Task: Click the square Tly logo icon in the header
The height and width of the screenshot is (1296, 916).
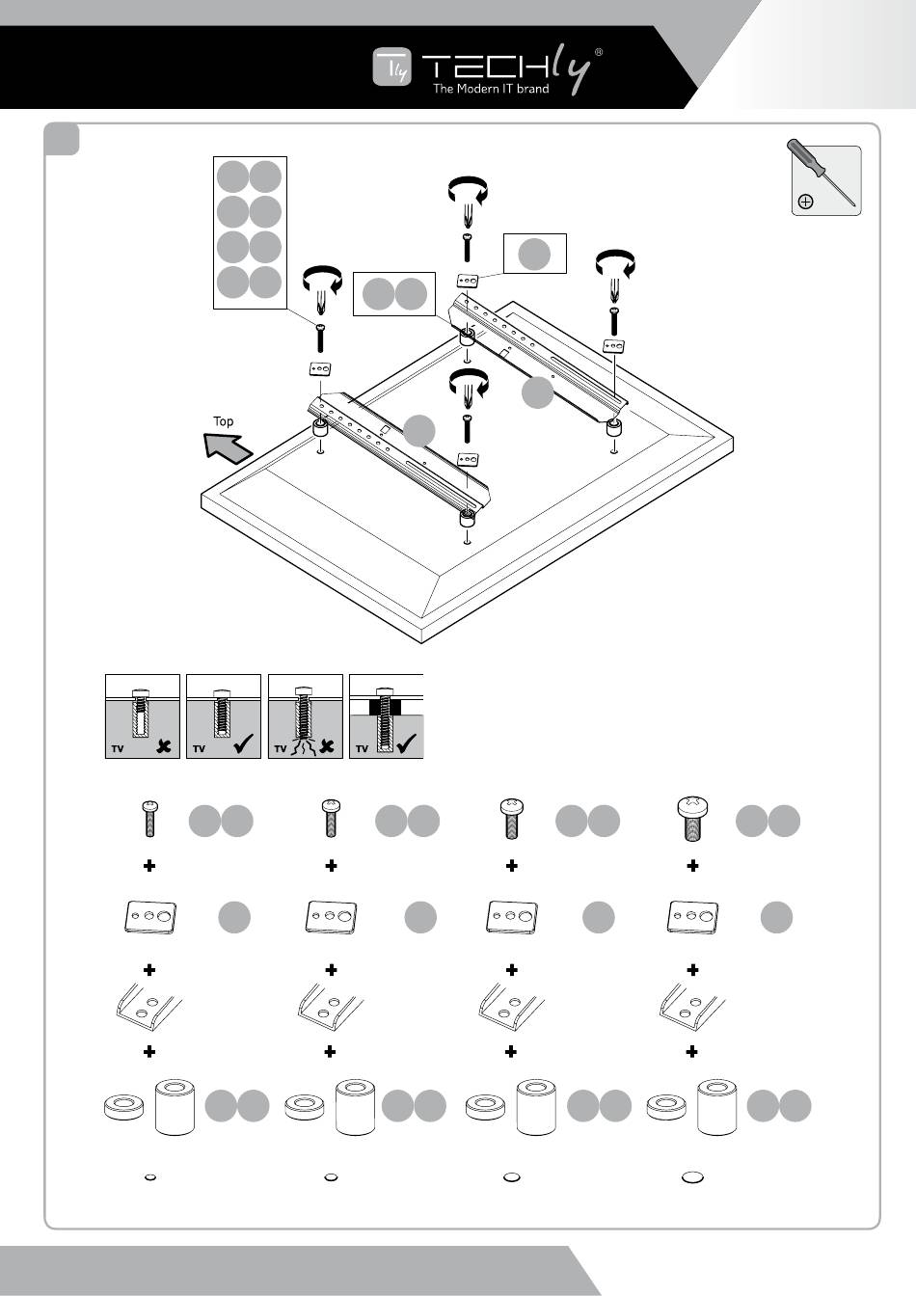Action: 392,67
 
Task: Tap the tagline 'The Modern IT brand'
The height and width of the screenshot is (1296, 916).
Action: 491,89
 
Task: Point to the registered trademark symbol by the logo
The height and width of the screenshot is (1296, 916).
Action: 599,53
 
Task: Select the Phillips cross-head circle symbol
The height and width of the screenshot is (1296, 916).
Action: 806,202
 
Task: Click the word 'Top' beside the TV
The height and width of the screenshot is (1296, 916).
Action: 223,421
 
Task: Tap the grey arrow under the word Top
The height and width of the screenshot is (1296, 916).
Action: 229,447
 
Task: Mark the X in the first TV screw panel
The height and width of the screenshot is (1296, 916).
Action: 165,745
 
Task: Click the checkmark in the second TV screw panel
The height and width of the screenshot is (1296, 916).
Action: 244,743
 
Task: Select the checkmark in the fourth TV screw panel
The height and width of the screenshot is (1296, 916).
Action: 409,743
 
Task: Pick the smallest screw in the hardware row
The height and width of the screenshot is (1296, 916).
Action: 149,819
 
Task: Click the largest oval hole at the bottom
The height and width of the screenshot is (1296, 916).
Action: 692,1177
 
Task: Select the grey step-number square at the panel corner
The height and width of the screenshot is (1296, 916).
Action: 63,140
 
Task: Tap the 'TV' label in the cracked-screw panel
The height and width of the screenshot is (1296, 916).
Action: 281,748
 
